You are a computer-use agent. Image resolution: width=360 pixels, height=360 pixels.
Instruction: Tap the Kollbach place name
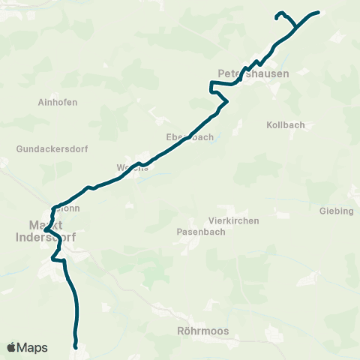(286, 124)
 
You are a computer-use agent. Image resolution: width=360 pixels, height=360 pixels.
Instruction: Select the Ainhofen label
(58, 102)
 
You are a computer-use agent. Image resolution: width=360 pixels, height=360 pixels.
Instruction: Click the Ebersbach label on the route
(190, 137)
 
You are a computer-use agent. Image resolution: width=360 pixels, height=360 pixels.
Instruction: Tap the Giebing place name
(336, 211)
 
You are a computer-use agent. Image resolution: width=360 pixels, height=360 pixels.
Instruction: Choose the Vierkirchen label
(233, 220)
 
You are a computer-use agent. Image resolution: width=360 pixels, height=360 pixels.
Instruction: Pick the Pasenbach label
(197, 232)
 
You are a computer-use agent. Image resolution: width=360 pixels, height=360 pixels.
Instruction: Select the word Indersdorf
(46, 236)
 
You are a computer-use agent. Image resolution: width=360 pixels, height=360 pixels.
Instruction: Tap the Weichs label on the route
(133, 167)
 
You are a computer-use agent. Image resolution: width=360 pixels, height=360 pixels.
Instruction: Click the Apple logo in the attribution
(11, 347)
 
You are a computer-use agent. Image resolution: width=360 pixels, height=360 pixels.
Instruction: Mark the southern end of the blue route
(76, 346)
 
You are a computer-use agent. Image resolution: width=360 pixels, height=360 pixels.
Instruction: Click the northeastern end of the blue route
(318, 12)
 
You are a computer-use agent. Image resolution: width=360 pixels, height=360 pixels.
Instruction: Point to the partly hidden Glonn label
(67, 209)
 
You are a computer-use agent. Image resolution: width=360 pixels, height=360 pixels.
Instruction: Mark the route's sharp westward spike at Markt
(46, 229)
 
